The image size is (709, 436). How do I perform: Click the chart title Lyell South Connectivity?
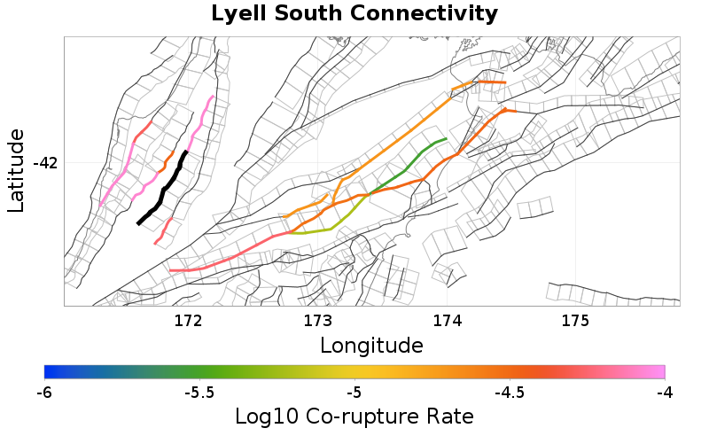[354, 14]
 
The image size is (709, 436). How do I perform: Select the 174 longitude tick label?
[447, 320]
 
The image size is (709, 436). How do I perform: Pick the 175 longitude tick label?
[576, 320]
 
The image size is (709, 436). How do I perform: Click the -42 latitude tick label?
[45, 163]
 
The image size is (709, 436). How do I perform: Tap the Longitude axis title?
[371, 344]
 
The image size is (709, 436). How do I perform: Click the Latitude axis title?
[16, 170]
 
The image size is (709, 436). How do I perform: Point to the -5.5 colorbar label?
[199, 392]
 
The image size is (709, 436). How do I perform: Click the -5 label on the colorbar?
[354, 392]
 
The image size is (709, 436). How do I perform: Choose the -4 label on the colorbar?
[665, 392]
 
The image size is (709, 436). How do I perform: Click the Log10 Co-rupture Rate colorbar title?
[354, 416]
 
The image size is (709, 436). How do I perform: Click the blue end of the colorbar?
[50, 371]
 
